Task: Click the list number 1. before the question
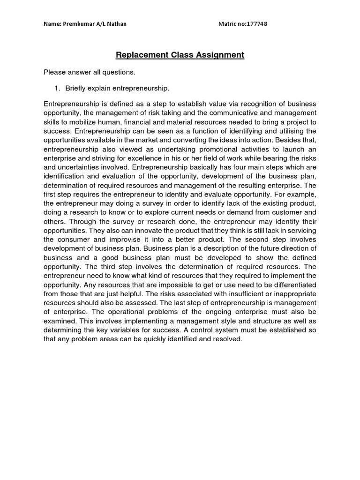[x=58, y=88]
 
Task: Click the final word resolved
[x=228, y=338]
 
